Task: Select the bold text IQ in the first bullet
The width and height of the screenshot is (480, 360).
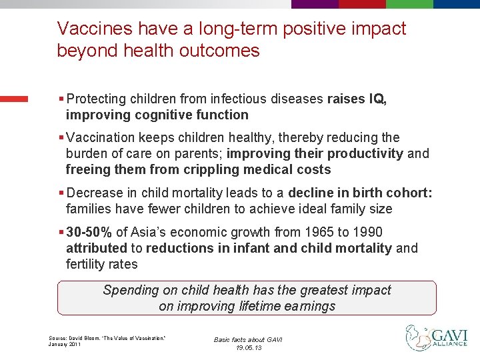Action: [x=376, y=99]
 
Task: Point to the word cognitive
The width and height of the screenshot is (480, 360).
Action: [x=155, y=115]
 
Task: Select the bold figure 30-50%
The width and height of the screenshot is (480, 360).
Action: [x=89, y=232]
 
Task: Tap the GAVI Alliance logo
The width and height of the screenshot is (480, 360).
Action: [x=437, y=337]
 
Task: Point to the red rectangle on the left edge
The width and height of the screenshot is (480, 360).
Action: [x=14, y=99]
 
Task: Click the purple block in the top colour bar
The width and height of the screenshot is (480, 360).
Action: [x=315, y=3]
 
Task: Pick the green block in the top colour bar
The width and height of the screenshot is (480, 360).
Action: [x=409, y=3]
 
